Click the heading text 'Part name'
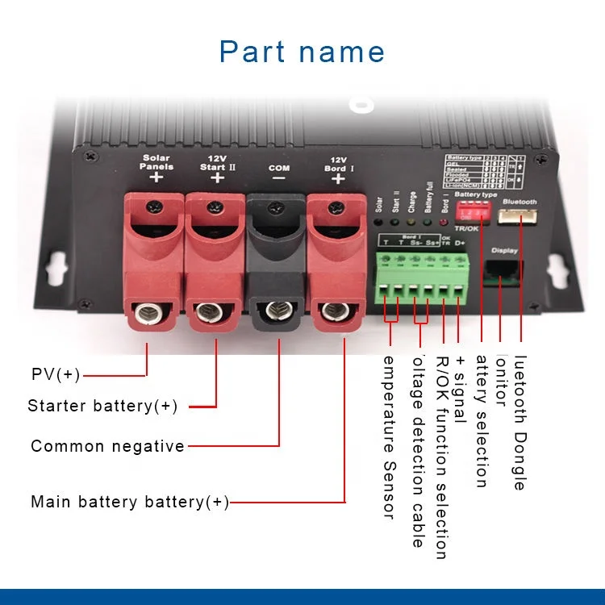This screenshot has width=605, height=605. click(302, 52)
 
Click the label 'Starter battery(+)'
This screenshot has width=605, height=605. click(102, 406)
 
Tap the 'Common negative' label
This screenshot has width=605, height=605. click(107, 446)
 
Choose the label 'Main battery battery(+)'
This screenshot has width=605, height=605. click(130, 502)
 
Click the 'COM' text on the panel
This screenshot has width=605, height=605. click(278, 168)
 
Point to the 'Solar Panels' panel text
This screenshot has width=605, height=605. click(156, 162)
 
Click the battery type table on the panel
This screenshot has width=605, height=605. click(478, 169)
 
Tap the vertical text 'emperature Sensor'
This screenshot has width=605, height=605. click(388, 436)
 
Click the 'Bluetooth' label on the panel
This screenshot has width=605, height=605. click(519, 202)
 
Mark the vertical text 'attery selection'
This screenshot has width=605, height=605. click(482, 420)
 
